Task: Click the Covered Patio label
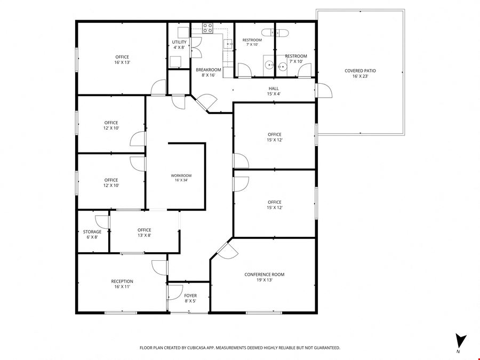(x=360, y=74)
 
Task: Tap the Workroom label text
(x=181, y=178)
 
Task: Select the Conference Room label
(x=264, y=277)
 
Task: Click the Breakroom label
(x=209, y=72)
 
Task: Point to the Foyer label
(x=190, y=298)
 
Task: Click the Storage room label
(x=92, y=235)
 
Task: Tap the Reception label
(x=122, y=284)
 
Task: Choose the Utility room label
(x=179, y=45)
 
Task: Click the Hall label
(x=274, y=91)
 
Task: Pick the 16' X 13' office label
(x=122, y=60)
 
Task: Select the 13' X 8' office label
(x=144, y=233)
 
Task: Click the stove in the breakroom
(x=207, y=28)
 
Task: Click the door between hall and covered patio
(x=324, y=91)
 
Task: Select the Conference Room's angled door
(x=227, y=250)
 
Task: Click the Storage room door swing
(x=102, y=222)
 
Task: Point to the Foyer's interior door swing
(x=175, y=292)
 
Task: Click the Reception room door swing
(x=159, y=268)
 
